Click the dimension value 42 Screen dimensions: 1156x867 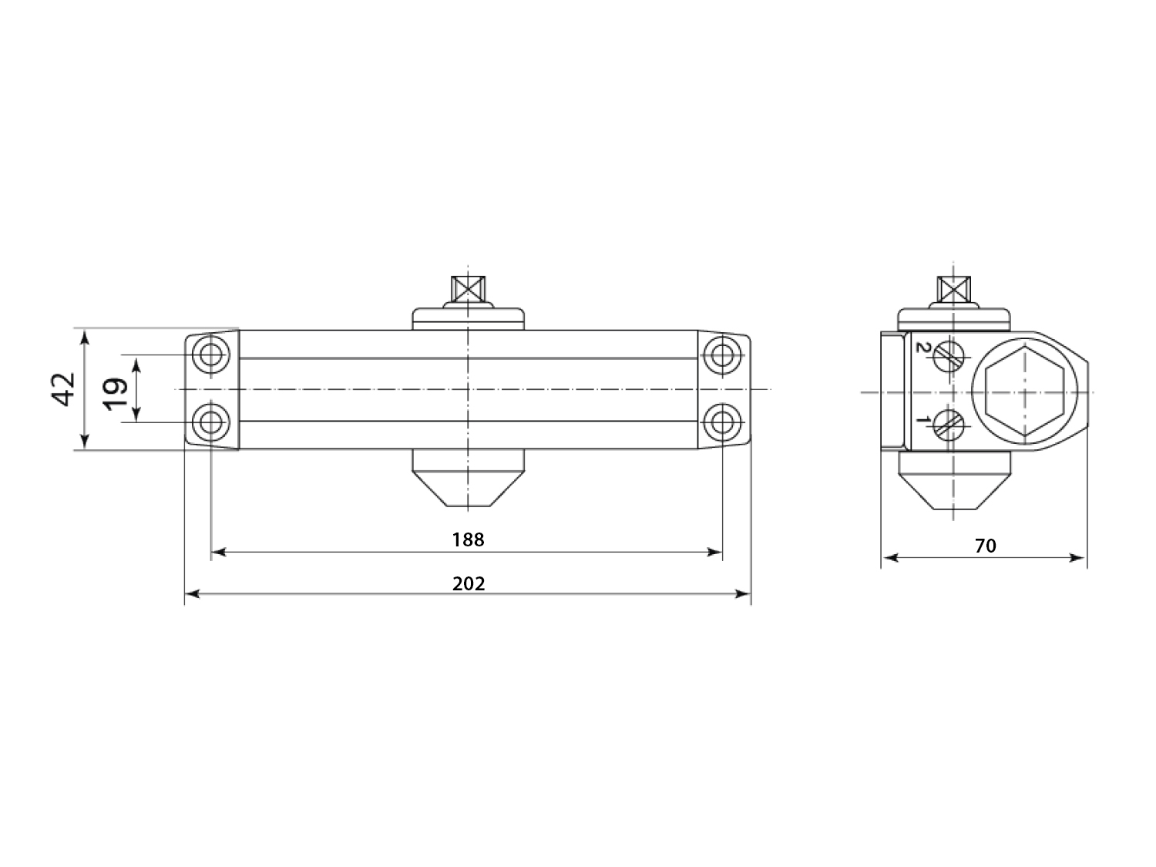64,389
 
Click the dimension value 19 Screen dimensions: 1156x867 116,394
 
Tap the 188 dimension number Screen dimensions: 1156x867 468,539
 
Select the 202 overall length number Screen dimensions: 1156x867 469,584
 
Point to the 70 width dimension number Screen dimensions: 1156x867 986,546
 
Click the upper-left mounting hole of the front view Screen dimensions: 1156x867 211,355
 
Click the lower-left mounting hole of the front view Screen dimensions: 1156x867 211,422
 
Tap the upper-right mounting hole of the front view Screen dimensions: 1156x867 722,355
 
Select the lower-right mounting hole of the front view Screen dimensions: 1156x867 722,422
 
